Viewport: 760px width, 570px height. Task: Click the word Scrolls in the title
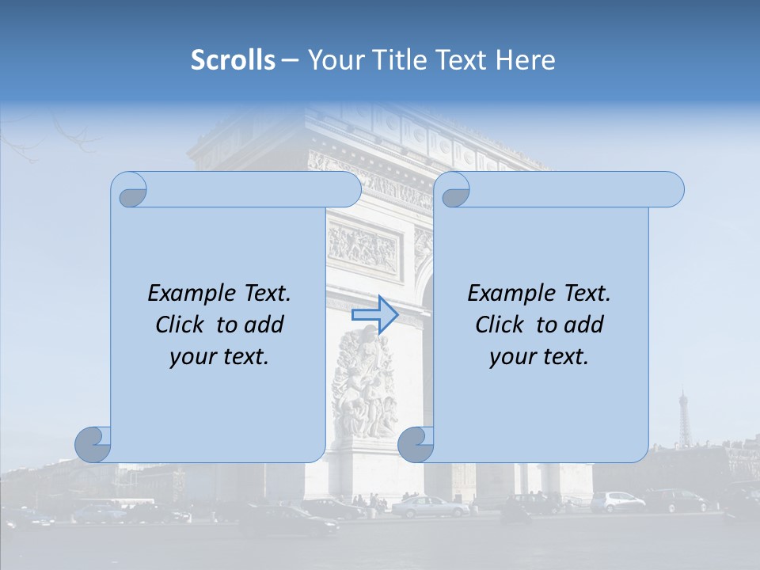click(233, 60)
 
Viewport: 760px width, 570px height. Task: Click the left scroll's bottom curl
click(93, 444)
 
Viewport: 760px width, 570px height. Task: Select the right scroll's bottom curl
click(416, 444)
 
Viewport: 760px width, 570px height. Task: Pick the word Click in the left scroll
click(180, 325)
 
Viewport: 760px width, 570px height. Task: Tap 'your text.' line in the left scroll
click(219, 356)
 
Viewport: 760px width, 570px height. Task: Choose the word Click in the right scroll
click(500, 325)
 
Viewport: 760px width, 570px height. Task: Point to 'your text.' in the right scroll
click(539, 356)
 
